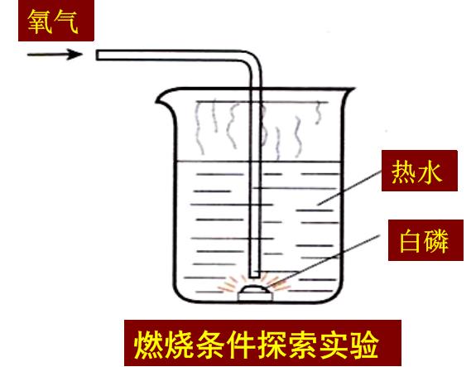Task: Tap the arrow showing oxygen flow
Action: pyautogui.click(x=55, y=55)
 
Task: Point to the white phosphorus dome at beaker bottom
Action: pyautogui.click(x=255, y=289)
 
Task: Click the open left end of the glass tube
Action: pyautogui.click(x=98, y=56)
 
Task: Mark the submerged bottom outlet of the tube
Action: pyautogui.click(x=255, y=275)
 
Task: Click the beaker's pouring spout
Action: pyautogui.click(x=164, y=99)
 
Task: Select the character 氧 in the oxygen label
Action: pyautogui.click(x=40, y=21)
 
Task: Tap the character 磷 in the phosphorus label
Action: pyautogui.click(x=436, y=241)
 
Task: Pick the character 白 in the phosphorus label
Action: pyautogui.click(x=411, y=241)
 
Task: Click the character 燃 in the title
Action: pyautogui.click(x=149, y=344)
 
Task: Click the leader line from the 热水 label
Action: pyautogui.click(x=349, y=188)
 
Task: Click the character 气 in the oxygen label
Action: pyautogui.click(x=65, y=21)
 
